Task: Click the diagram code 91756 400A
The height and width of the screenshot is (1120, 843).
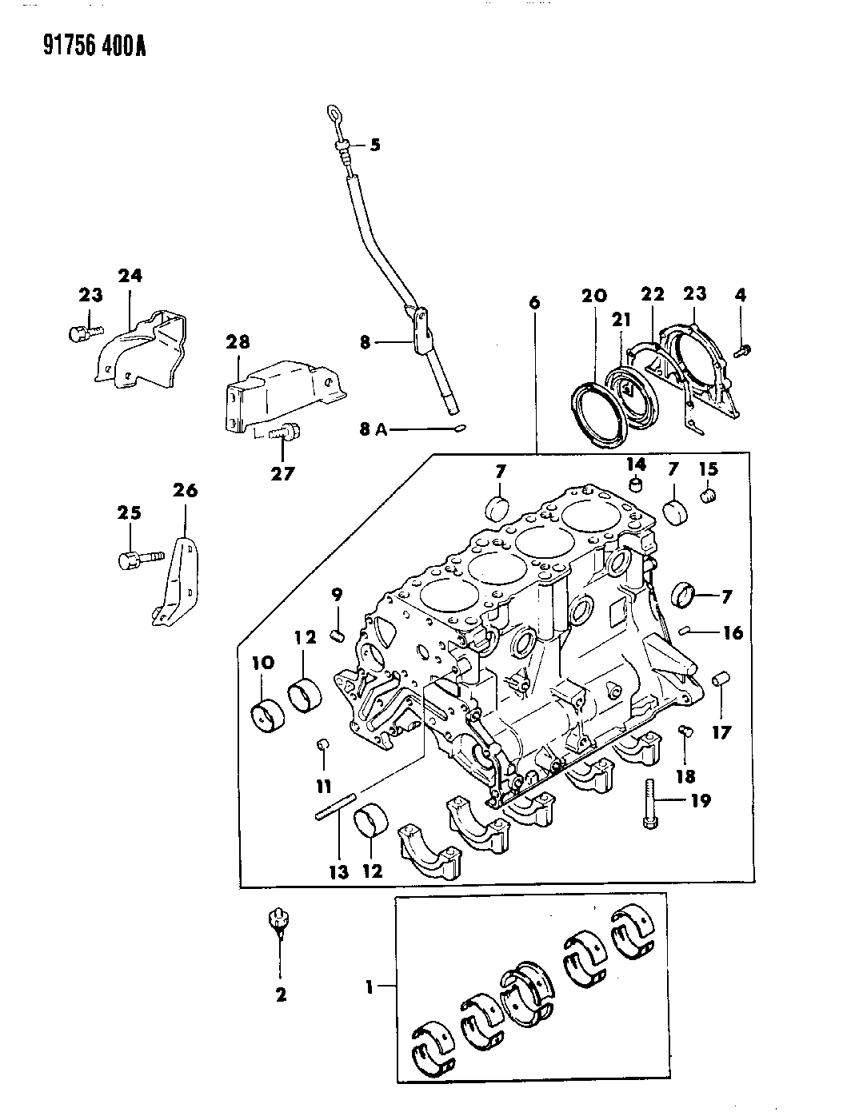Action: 94,46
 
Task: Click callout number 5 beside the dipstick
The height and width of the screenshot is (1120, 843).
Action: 375,145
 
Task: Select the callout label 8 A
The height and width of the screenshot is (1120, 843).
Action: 374,429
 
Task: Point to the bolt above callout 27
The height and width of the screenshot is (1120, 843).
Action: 284,432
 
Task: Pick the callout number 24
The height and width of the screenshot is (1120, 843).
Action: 130,276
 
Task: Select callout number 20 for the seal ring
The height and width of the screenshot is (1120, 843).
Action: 594,296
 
